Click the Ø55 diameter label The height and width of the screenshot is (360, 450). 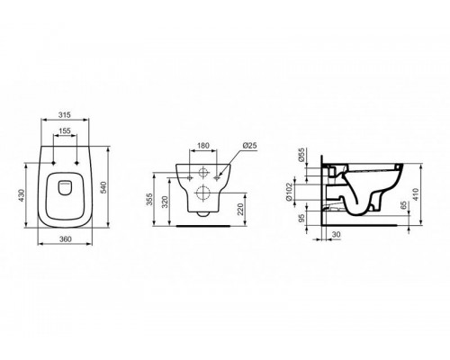click(x=302, y=159)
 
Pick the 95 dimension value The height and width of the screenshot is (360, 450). click(x=302, y=218)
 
